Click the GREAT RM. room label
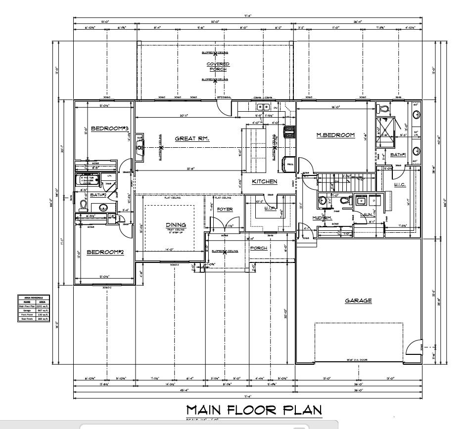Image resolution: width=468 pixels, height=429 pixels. [x=192, y=139]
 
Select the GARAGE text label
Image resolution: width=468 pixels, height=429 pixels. [x=359, y=300]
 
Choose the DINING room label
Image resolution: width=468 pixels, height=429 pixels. [x=176, y=225]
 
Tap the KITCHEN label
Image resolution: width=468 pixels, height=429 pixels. [x=265, y=182]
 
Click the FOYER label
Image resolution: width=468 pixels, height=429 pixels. [x=225, y=209]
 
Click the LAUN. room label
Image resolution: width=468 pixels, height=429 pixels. [x=366, y=214]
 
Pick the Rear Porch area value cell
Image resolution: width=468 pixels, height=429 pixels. [x=43, y=319]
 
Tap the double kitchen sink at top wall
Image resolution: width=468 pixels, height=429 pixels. [x=263, y=106]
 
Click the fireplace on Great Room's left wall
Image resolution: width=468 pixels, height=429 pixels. [x=140, y=147]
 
